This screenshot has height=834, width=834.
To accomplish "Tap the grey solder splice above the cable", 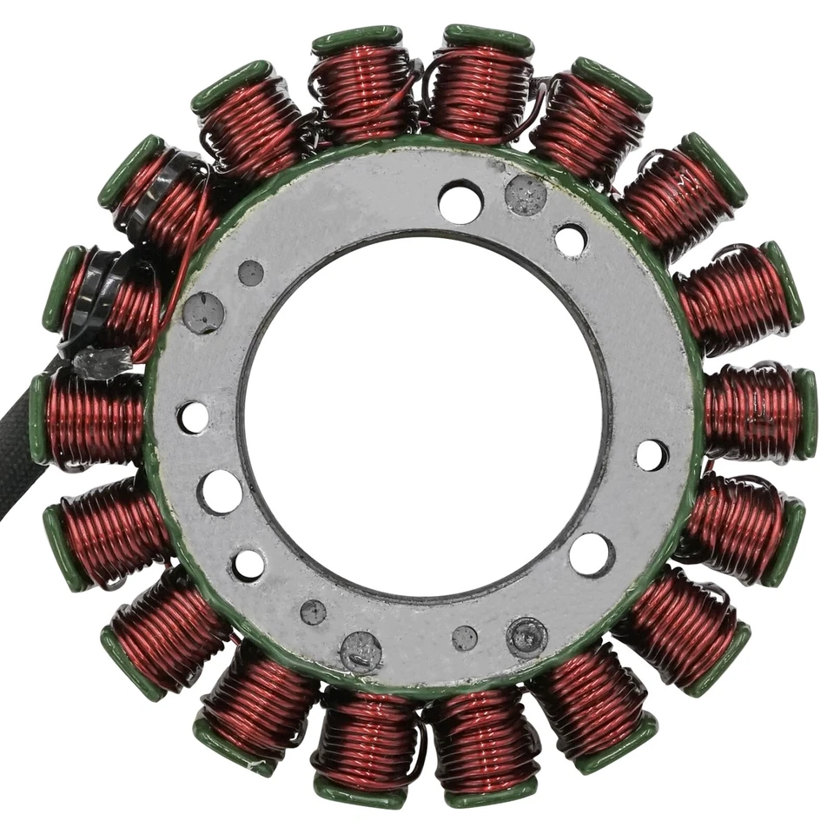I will [103, 363].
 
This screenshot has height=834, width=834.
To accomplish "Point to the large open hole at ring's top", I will [460, 202].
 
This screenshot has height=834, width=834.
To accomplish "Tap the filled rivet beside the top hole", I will [526, 195].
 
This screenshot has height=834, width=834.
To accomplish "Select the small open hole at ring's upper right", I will [570, 241].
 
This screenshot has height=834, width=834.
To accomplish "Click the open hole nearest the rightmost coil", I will [652, 454].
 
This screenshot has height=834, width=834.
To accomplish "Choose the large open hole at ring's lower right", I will [592, 553].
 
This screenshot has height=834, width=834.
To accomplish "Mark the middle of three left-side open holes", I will [220, 492].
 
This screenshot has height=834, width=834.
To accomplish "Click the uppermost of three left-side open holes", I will [193, 417].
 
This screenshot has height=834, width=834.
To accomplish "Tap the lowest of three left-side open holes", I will [248, 565].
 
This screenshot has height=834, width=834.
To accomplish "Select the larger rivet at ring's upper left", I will [203, 313].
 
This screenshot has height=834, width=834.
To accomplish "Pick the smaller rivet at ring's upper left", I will [250, 273].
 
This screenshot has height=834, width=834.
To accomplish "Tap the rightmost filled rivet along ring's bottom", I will [526, 637].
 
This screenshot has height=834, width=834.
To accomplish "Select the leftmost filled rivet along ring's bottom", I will [313, 612].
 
